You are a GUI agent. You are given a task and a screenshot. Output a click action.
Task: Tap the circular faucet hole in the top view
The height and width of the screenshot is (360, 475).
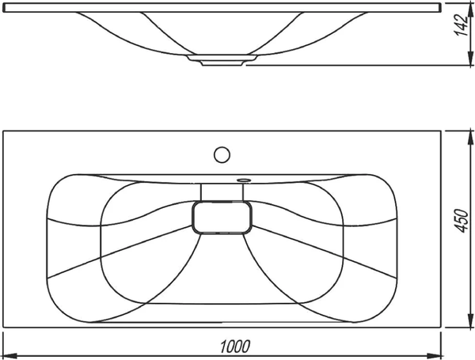tap(222, 153)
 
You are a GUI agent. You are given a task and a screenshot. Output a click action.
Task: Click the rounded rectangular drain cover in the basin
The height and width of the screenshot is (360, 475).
tap(223, 217)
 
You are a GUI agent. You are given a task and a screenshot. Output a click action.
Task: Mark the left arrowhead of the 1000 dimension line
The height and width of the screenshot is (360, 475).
tap(7, 354)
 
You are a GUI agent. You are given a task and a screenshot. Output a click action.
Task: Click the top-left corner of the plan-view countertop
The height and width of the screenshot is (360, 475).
tap(4, 131)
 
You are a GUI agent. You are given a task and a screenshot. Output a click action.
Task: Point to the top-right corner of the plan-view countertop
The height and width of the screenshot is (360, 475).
tap(440, 131)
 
